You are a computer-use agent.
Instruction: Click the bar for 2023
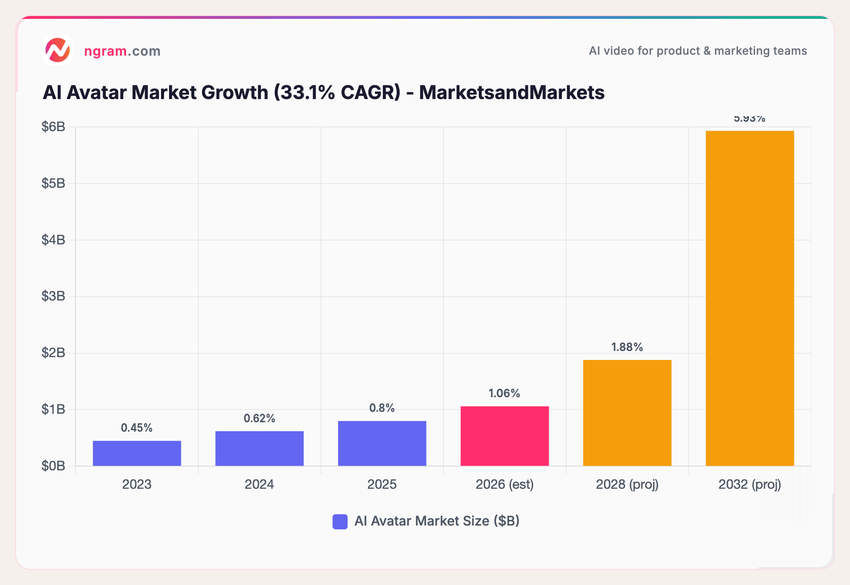[x=137, y=453]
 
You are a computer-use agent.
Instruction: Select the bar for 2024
[x=259, y=449]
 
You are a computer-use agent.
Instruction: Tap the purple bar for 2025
[x=382, y=443]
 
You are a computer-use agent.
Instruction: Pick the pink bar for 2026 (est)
[x=504, y=436]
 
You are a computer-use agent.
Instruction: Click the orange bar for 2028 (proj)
[x=627, y=413]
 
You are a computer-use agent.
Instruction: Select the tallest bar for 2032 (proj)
[x=749, y=298]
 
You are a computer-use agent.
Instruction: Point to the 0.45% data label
[x=136, y=428]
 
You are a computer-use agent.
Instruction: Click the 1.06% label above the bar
[x=504, y=393]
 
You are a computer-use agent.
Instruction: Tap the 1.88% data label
[x=627, y=347]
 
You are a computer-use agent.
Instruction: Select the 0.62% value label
[x=259, y=418]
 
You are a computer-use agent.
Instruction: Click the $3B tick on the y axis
[x=53, y=296]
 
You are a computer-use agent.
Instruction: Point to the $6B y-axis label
[x=53, y=126]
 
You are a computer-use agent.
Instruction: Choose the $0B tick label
[x=53, y=466]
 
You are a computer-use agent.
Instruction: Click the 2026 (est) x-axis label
[x=504, y=485]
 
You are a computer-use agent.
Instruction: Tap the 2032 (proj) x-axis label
[x=749, y=485]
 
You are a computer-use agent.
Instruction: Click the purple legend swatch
[x=340, y=521]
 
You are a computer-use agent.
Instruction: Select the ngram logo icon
[x=58, y=50]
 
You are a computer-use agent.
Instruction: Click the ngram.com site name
[x=122, y=51]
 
